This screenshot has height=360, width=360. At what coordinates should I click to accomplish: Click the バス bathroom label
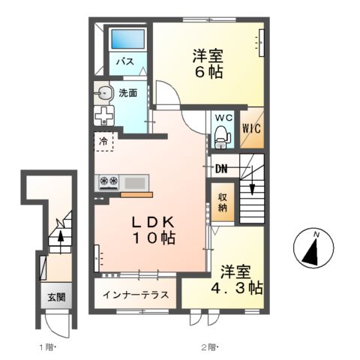(125, 62)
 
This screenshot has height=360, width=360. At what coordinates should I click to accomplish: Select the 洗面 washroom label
(128, 94)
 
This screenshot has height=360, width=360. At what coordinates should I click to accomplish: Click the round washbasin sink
(103, 94)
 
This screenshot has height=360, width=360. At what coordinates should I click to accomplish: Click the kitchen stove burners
(109, 181)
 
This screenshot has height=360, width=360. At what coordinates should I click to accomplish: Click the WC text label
(223, 118)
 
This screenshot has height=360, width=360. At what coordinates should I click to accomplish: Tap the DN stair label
(222, 169)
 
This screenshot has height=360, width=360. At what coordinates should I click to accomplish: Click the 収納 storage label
(223, 203)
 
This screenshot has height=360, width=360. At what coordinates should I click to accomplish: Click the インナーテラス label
(135, 293)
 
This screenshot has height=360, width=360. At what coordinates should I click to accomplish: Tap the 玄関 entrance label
(56, 297)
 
